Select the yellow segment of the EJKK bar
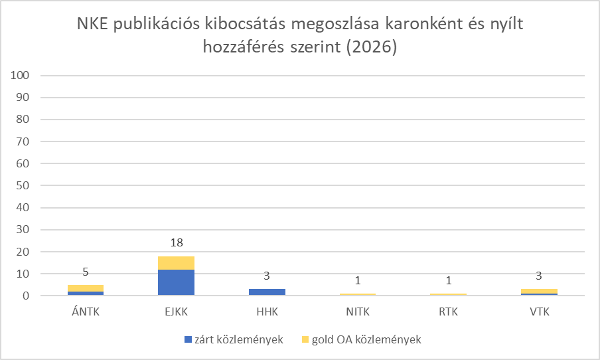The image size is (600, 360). coord(177,262)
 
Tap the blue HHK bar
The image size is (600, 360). coord(267,292)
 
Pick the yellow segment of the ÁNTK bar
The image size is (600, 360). coord(86,288)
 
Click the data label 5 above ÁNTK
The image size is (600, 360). coord(86,271)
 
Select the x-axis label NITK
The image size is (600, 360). coord(358,310)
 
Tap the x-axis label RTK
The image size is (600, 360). coord(449,310)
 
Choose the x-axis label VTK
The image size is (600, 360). coord(540,310)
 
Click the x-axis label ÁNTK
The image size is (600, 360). coord(86,310)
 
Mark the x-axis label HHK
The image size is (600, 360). coord(267,310)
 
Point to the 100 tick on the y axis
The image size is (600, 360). coord(21,76)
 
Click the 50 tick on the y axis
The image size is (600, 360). coord(23,186)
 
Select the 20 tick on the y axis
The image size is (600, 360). coord(23,252)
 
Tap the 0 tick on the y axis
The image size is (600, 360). coord(26,296)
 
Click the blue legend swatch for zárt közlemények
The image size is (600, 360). coord(188,339)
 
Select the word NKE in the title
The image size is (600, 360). coord(91,26)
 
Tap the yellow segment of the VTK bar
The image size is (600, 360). coord(540,291)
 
